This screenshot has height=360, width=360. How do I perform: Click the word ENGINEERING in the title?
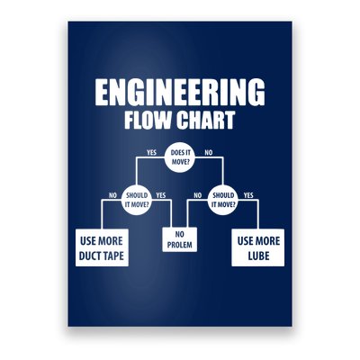(x=180, y=92)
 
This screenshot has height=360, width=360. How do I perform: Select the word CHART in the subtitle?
(x=205, y=120)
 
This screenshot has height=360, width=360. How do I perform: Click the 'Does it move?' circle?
(x=180, y=157)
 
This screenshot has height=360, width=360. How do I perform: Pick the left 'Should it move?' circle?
(x=137, y=200)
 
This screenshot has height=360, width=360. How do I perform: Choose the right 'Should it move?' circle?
(x=223, y=200)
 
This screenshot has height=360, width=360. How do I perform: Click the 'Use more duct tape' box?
(x=102, y=247)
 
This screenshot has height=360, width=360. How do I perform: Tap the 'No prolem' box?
(x=180, y=239)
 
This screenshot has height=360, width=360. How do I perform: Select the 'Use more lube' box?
(x=258, y=247)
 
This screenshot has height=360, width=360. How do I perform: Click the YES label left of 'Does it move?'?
(x=151, y=152)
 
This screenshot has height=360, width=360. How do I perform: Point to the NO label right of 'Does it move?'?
(x=208, y=152)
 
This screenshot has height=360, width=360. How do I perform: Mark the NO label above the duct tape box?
(x=112, y=195)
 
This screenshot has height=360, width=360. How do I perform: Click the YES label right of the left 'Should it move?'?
(x=161, y=195)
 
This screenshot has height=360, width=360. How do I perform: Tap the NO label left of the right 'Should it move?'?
(x=198, y=195)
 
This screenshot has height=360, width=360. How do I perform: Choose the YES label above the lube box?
(x=248, y=195)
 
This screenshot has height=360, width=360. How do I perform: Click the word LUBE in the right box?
(x=258, y=256)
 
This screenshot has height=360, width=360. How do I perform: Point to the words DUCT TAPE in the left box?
(x=102, y=256)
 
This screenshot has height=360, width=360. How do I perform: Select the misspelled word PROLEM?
(x=180, y=245)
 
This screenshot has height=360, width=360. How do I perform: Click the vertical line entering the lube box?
(x=258, y=214)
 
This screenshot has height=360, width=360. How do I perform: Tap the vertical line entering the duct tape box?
(x=102, y=214)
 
